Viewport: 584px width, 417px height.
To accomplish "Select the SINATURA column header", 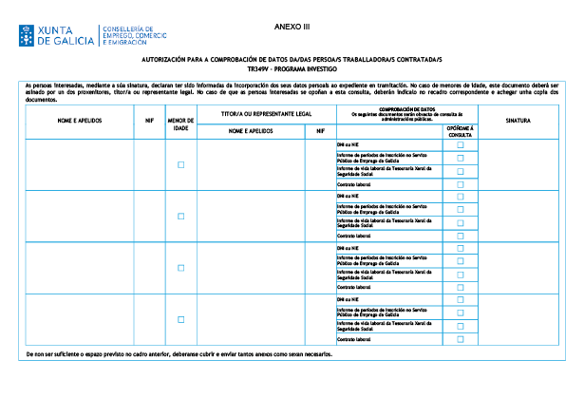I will coord(518,121).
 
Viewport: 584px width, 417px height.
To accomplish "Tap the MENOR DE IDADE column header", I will coord(180,123).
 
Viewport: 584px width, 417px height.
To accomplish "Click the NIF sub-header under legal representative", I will coord(319,131).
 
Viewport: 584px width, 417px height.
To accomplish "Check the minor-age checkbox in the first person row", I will coord(180,164).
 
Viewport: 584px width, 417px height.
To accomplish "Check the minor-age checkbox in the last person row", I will coord(180,320).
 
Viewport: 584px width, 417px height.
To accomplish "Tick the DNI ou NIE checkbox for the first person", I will coord(461,145).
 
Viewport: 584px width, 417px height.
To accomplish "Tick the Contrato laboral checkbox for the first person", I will coord(461,183).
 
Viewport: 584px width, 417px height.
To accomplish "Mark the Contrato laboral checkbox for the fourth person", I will coord(461,338).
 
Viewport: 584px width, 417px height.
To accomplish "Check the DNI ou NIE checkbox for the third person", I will coord(461,248).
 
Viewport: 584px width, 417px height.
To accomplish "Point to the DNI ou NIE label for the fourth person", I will coord(349,300).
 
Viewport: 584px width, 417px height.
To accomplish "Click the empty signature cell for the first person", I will coord(518,164).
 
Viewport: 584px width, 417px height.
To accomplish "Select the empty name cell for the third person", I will coord(79,268).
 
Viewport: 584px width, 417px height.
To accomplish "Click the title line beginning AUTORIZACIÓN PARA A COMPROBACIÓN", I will coord(292,60).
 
